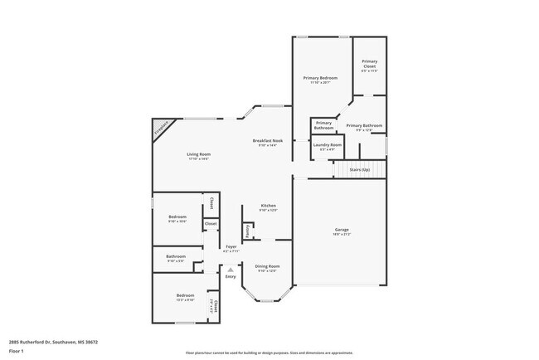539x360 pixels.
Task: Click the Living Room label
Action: [x=198, y=154]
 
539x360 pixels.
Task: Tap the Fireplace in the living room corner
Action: [x=163, y=129]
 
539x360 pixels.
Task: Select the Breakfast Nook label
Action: [x=268, y=141]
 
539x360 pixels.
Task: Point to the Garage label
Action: [x=342, y=231]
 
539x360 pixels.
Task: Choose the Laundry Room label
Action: [x=327, y=145]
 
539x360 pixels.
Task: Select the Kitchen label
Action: [x=268, y=206]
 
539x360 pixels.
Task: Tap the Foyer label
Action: [x=231, y=247]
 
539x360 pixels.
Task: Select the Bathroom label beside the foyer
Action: [x=175, y=257]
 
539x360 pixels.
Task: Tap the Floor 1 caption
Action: [x=17, y=351]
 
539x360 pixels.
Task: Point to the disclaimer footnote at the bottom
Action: [x=269, y=353]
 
